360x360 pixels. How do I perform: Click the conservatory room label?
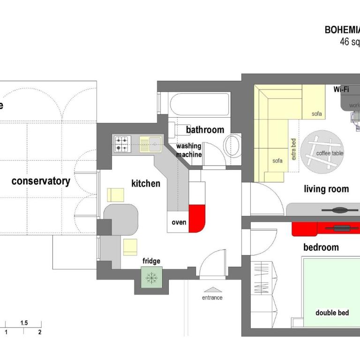coord(41,181)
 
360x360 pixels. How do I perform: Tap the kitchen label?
coord(145,183)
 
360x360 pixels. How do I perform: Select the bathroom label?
coord(205,129)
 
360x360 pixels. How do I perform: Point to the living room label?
coord(326,189)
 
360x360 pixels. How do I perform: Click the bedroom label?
coord(321,247)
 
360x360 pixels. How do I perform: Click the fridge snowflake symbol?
coord(151,277)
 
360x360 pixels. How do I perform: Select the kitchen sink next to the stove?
coord(150,143)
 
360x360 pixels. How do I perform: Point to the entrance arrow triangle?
coord(212,290)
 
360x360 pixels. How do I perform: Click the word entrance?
coord(212,298)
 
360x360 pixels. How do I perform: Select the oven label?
coord(179,222)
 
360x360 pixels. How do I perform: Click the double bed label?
coord(332,313)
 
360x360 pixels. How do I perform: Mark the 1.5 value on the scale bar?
coord(24,323)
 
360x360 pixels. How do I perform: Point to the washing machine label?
coord(189,150)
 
